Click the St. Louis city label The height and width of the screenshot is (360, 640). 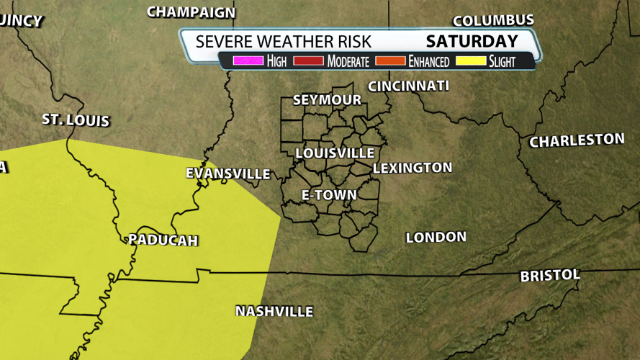[x=76, y=120]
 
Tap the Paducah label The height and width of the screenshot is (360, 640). [x=163, y=240]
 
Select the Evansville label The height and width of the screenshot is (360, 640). [x=228, y=174]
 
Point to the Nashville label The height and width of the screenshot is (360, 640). [x=274, y=311]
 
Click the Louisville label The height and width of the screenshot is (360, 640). [x=335, y=153]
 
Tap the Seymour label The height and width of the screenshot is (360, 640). [x=327, y=100]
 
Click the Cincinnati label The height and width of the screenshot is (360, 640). [x=408, y=86]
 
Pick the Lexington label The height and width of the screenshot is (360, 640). [x=413, y=168]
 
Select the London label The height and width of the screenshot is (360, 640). [x=436, y=237]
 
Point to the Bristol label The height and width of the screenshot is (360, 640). [x=550, y=275]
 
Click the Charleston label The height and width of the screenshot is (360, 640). [x=577, y=140]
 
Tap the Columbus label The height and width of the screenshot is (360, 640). [x=493, y=20]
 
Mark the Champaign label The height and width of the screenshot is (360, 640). [x=191, y=12]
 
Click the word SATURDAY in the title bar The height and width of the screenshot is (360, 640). [x=472, y=41]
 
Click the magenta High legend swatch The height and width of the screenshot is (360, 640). [x=248, y=61]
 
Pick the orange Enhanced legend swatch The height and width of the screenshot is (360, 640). [x=390, y=61]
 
